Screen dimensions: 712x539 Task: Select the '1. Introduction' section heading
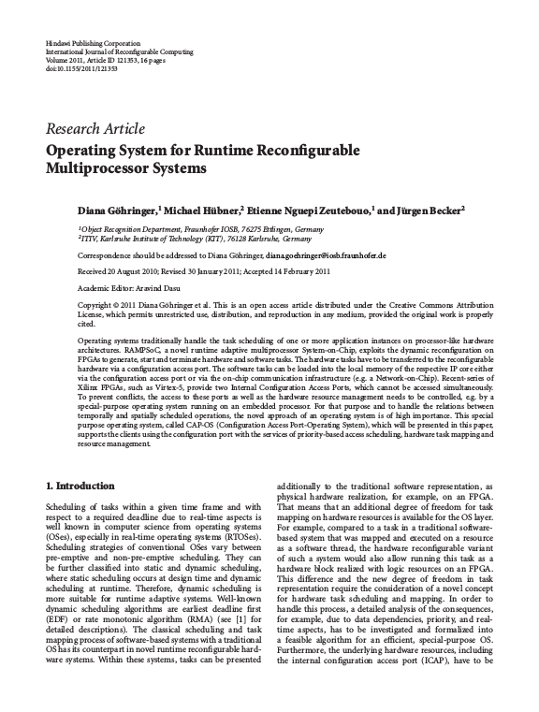[x=80, y=487]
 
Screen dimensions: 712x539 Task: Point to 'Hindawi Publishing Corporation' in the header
[x=92, y=45]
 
